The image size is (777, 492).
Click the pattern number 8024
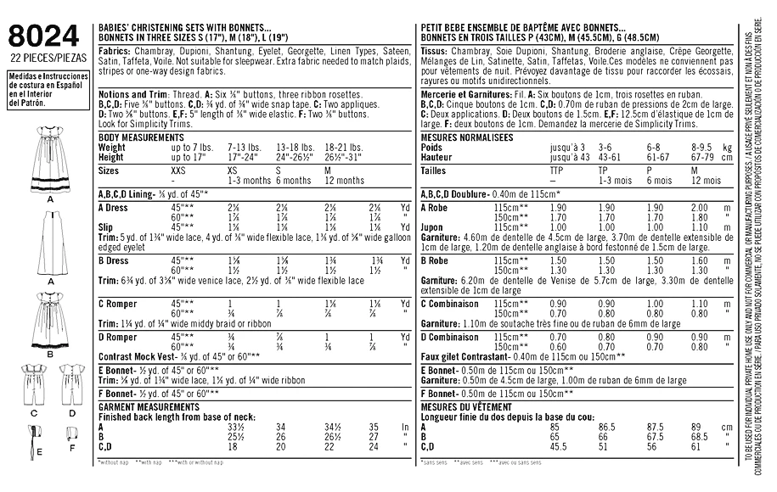43,36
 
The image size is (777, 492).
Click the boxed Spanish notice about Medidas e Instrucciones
43,88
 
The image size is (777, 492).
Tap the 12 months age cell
348,181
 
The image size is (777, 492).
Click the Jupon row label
434,227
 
